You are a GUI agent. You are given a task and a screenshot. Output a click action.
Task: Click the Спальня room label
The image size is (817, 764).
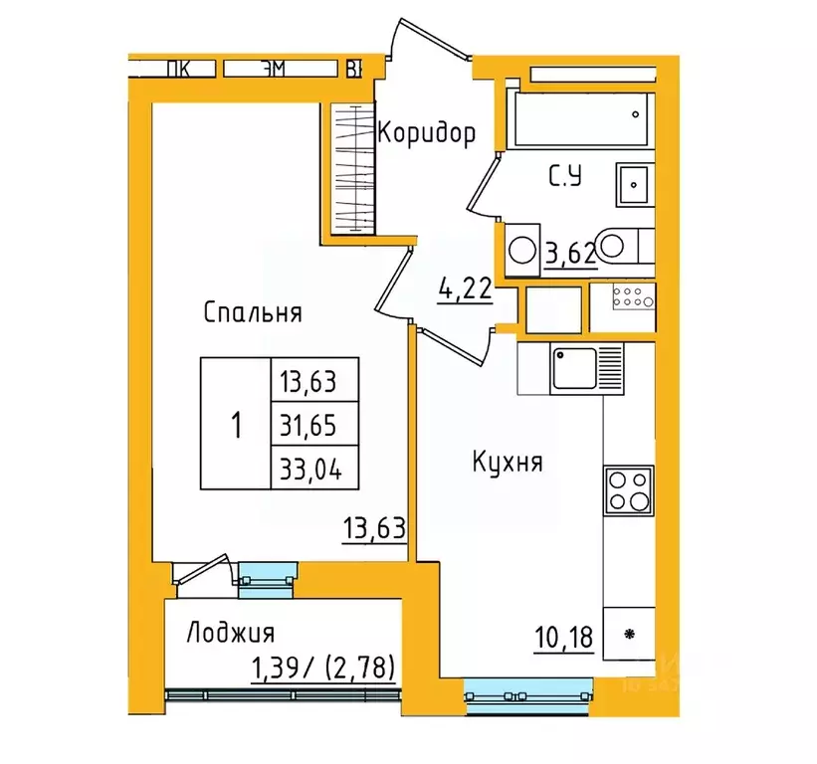click(x=252, y=313)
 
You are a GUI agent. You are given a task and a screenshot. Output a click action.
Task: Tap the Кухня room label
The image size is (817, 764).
click(x=508, y=463)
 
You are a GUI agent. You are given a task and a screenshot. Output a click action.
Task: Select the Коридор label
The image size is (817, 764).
click(x=425, y=132)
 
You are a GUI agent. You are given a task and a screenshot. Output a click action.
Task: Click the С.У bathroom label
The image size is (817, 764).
click(x=565, y=178)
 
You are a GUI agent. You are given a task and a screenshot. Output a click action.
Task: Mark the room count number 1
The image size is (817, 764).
click(x=236, y=426)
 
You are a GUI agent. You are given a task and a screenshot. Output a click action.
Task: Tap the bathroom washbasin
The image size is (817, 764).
click(x=633, y=184)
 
